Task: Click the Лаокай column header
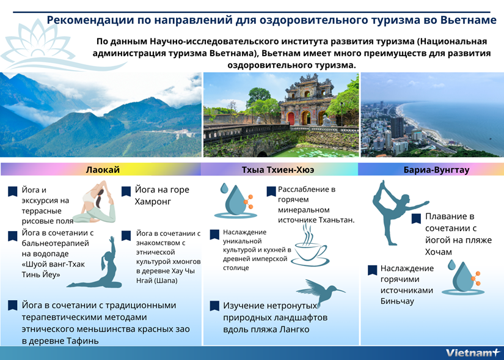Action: [103, 169]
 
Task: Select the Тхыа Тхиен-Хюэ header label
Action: [278, 169]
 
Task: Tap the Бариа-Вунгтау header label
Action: [436, 170]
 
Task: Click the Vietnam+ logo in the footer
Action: [473, 353]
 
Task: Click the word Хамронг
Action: [153, 202]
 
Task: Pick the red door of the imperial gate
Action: [291, 119]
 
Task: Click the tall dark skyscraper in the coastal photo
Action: [397, 127]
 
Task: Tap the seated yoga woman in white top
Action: [95, 202]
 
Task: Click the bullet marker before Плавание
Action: [416, 218]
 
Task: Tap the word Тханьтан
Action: [337, 221]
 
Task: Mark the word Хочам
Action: [439, 252]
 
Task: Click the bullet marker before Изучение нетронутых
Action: [214, 306]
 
